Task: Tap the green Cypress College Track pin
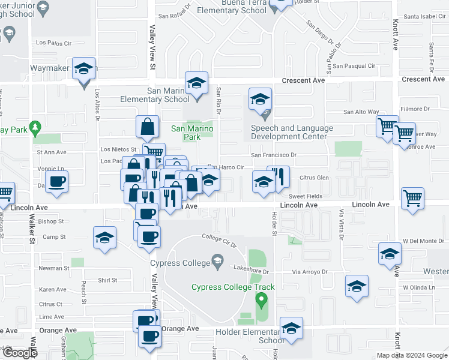261,299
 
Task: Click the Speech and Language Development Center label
292,132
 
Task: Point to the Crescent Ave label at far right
424,79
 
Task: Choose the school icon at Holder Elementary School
291,328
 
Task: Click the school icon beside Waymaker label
84,69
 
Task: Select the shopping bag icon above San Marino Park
147,127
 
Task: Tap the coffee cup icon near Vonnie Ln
57,182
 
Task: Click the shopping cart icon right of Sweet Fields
412,199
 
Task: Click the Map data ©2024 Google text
411,355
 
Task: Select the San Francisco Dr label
274,155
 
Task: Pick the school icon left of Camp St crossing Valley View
104,238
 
